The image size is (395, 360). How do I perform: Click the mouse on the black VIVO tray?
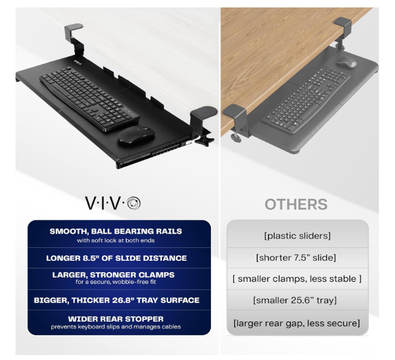136,135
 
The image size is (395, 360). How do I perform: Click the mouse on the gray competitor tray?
346,62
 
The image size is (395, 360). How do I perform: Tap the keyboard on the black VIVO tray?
89,99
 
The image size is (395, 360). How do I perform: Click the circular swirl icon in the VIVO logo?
133,203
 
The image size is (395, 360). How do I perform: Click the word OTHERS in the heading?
296,204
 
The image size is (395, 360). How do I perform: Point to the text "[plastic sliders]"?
297,236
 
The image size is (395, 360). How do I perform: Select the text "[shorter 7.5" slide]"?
296,258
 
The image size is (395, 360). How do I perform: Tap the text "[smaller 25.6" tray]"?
295,300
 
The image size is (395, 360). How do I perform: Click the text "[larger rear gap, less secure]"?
297,323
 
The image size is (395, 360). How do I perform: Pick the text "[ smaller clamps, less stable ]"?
297,279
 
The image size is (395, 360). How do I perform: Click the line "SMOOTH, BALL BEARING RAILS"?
115,231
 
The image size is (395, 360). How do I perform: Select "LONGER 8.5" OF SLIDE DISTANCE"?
117,258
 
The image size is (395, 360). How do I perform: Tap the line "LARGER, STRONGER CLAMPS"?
113,274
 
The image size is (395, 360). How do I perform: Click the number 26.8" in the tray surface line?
136,300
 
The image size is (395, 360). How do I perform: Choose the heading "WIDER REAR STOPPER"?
115,319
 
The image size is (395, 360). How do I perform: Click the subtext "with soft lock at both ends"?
115,240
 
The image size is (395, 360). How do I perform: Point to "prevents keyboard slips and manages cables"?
115,327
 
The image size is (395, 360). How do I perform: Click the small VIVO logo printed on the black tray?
78,62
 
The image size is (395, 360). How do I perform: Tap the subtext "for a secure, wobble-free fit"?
115,282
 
